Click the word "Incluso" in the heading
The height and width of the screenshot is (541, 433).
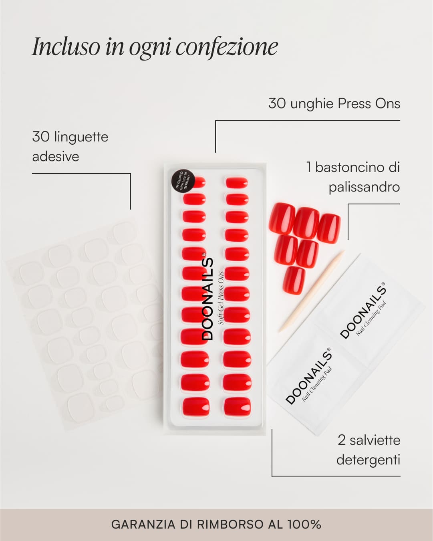coord(66,46)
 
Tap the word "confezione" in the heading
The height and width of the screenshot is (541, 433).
coord(227,47)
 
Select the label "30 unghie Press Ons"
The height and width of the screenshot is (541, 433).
coord(334,103)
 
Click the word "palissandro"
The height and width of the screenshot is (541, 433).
coord(364,187)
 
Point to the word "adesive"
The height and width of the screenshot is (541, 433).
coord(56,156)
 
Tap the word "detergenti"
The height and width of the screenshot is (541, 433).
coord(368,459)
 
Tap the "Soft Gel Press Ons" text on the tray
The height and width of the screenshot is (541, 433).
coord(221,299)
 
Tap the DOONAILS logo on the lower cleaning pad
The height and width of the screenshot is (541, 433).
coord(308,376)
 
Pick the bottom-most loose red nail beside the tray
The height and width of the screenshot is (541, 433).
coord(294,280)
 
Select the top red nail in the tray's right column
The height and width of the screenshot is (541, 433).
coord(237,183)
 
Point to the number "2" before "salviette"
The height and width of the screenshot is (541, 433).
coord(341,440)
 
